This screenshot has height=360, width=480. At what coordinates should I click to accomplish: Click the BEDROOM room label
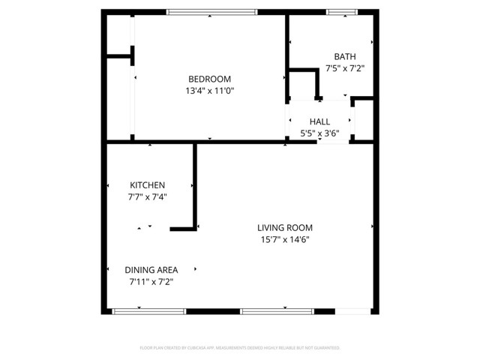click(x=209, y=79)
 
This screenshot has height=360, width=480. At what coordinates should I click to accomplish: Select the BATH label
click(x=345, y=56)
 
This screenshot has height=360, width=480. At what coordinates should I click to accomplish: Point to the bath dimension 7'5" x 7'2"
click(x=345, y=68)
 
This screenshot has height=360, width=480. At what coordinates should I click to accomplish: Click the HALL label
click(x=319, y=121)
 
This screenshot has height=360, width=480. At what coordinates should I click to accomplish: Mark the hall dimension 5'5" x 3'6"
click(x=319, y=133)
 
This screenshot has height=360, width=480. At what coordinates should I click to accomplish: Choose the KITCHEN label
click(x=147, y=185)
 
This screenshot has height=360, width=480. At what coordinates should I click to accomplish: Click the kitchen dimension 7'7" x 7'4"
click(x=147, y=197)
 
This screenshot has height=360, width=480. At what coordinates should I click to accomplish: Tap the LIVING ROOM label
click(x=284, y=228)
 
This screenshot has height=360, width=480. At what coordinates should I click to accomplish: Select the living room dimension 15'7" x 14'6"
click(x=284, y=240)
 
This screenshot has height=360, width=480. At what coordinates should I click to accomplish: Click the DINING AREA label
click(x=151, y=270)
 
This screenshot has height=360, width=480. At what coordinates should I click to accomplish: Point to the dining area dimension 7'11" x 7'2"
click(x=151, y=282)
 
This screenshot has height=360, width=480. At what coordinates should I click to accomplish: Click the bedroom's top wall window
click(x=211, y=12)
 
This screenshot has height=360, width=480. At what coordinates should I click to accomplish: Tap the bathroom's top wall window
click(x=341, y=12)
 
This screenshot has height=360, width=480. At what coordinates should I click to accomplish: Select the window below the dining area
click(x=148, y=310)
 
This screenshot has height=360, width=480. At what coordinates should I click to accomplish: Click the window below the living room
click(x=277, y=310)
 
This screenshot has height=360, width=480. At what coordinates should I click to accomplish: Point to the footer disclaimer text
click(x=240, y=348)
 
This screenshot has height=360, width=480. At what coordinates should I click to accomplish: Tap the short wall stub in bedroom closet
click(x=119, y=55)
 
